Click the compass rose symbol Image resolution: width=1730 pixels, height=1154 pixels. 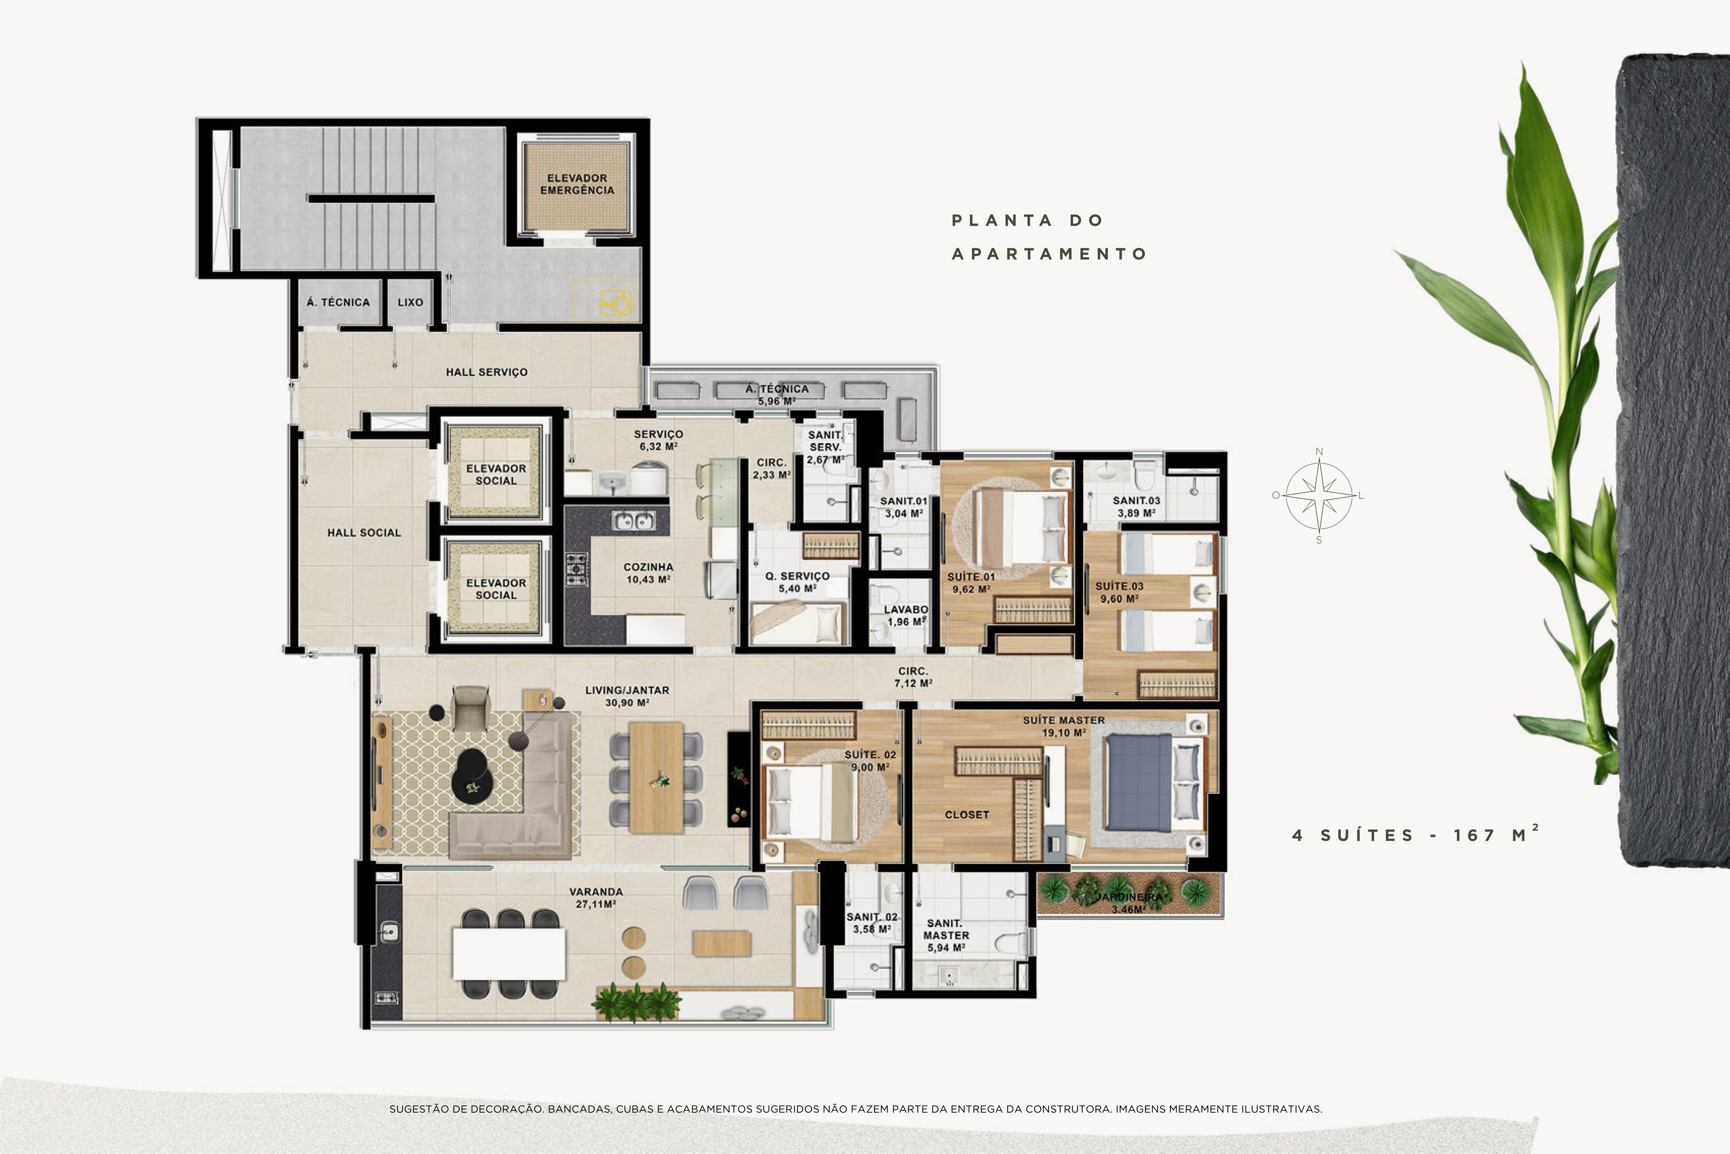tap(1319, 495)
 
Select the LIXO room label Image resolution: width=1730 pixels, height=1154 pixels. tap(411, 303)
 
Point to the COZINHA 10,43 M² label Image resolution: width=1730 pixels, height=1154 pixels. tap(648, 573)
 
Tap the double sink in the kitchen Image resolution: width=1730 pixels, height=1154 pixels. tap(633, 521)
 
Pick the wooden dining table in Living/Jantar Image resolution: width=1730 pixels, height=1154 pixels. tap(657, 778)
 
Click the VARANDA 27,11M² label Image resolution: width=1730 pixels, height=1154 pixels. tap(596, 898)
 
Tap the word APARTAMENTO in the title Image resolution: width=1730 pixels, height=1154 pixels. tap(1049, 254)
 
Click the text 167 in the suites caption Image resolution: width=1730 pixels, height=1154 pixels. tap(1474, 835)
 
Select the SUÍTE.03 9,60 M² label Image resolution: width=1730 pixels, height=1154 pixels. tap(1119, 593)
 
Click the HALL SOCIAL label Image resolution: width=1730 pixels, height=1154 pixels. tap(364, 533)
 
